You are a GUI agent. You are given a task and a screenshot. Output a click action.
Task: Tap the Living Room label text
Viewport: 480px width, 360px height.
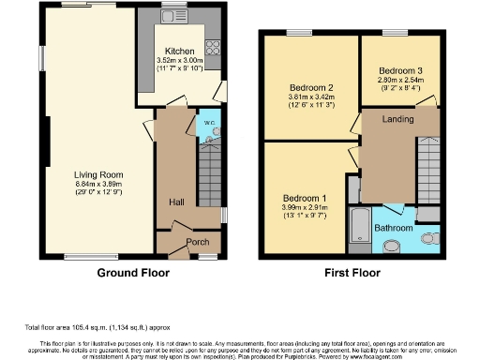[100, 173]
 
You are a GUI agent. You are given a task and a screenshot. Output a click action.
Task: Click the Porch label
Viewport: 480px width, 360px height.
[197, 242]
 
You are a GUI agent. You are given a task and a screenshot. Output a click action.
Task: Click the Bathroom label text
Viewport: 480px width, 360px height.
[393, 227]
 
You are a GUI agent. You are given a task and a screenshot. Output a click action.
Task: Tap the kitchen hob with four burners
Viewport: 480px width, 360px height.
[212, 48]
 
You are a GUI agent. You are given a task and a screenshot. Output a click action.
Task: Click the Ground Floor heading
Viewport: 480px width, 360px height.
[133, 274]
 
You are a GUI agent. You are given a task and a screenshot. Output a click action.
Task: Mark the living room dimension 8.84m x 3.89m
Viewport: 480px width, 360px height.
[100, 183]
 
